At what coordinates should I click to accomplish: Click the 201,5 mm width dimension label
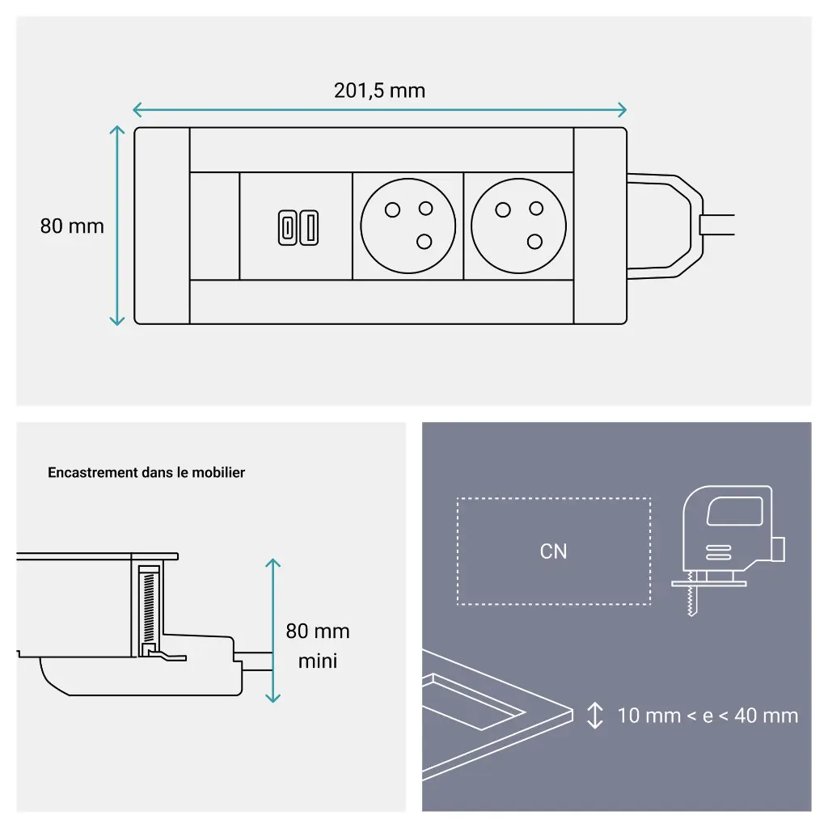(x=379, y=90)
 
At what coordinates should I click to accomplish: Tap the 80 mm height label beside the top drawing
(x=72, y=226)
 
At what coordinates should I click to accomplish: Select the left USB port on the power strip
(x=287, y=227)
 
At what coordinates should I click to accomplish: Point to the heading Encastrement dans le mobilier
(x=146, y=472)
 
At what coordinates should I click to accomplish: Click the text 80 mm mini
(x=318, y=645)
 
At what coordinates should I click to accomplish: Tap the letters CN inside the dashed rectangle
(x=554, y=551)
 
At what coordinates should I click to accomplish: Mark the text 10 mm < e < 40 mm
(x=708, y=716)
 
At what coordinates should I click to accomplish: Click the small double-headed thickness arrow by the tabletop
(x=595, y=716)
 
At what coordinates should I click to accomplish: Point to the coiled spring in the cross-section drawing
(x=148, y=606)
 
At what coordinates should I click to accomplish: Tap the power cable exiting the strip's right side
(x=718, y=226)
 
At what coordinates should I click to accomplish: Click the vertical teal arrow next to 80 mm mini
(x=273, y=631)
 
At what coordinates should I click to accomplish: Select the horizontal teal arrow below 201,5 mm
(x=379, y=110)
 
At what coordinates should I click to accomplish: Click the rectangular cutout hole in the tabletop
(x=473, y=708)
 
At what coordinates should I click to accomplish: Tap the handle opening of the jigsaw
(x=734, y=511)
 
